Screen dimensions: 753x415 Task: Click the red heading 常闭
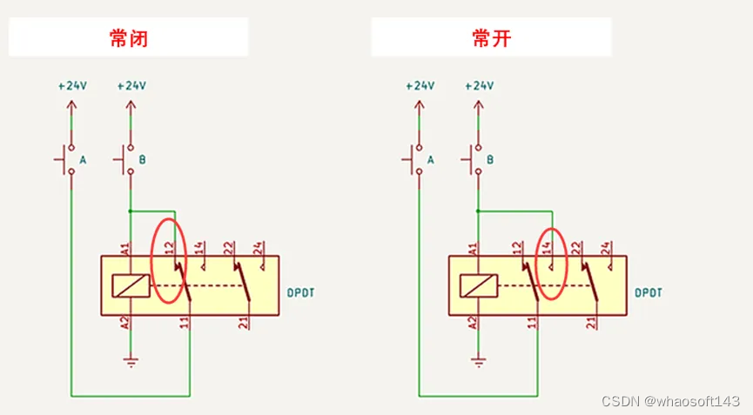128,38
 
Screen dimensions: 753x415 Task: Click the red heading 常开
491,38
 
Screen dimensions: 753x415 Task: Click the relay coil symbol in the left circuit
131,286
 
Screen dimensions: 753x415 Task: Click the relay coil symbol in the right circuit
478,286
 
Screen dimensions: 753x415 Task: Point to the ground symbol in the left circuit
131,362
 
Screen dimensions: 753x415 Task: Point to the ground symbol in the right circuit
478,362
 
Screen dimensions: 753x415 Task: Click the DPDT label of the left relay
300,292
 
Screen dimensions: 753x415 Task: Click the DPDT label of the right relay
649,292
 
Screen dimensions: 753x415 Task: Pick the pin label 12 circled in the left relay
169,248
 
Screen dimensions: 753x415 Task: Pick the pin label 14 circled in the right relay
546,248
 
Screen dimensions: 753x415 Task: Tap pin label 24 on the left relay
258,248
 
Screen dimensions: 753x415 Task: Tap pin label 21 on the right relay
591,323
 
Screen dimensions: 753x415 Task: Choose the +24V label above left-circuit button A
72,86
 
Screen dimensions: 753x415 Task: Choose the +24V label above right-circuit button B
480,86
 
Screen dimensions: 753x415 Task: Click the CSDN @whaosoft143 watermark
670,400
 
